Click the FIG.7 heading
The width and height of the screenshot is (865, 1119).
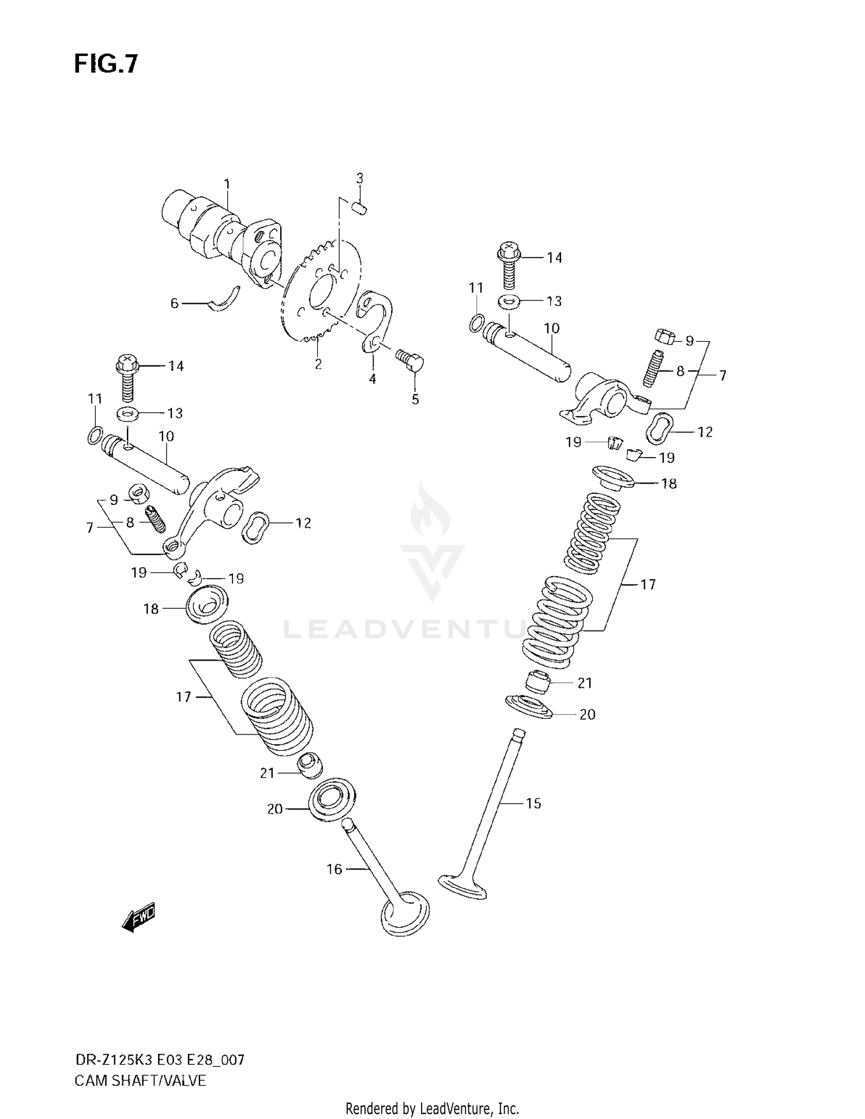click(106, 64)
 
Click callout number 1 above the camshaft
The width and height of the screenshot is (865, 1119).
click(227, 184)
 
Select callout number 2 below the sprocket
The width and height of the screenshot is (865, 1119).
click(318, 364)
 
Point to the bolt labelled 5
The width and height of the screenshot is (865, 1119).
click(411, 361)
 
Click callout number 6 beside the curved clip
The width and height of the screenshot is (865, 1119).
click(174, 303)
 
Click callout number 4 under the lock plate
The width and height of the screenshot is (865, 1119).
click(373, 379)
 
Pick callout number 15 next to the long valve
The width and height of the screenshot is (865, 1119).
click(533, 803)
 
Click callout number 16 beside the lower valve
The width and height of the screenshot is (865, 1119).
click(334, 869)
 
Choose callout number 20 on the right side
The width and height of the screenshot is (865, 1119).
click(587, 714)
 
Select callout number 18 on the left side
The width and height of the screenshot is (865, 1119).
click(151, 609)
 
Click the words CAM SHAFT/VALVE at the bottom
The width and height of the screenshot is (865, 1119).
click(140, 1080)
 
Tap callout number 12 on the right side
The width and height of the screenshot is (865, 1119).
click(705, 432)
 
